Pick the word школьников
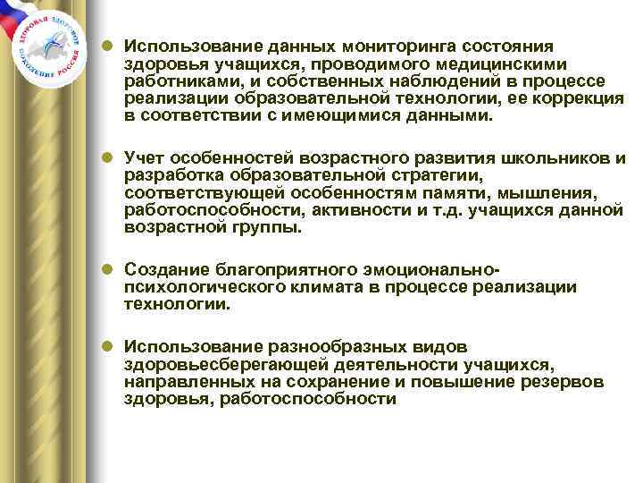coord(562,158)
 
